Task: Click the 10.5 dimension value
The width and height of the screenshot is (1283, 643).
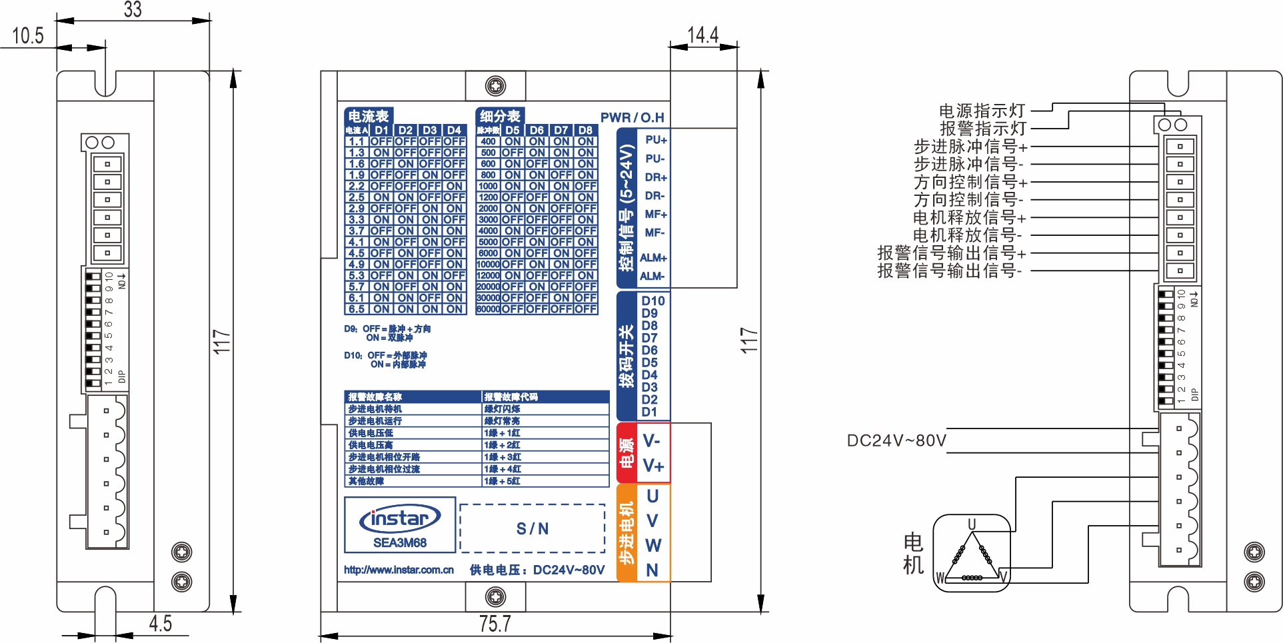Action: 28,36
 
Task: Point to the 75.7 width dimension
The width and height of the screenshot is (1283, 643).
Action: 495,624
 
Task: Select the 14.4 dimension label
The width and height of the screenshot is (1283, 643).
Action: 703,35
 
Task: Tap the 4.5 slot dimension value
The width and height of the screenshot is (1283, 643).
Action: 160,624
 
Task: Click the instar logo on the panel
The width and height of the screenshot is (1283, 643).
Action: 400,518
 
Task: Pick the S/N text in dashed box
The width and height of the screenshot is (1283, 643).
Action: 533,528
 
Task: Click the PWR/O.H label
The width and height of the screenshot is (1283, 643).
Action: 632,118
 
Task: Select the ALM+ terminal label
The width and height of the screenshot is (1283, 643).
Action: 653,258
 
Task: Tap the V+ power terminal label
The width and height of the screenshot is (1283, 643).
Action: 653,466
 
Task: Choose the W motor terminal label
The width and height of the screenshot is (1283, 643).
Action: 653,546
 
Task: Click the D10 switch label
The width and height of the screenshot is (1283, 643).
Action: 653,301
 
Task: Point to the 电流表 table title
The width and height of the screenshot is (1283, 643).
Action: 369,116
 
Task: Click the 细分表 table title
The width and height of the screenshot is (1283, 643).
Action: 500,116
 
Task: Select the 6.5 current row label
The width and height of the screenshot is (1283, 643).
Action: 357,309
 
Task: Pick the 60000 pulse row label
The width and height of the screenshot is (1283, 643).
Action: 488,309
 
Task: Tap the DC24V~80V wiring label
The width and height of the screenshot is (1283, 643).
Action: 896,440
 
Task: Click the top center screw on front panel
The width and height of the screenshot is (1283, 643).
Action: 495,86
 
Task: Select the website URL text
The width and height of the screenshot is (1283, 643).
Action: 399,570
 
